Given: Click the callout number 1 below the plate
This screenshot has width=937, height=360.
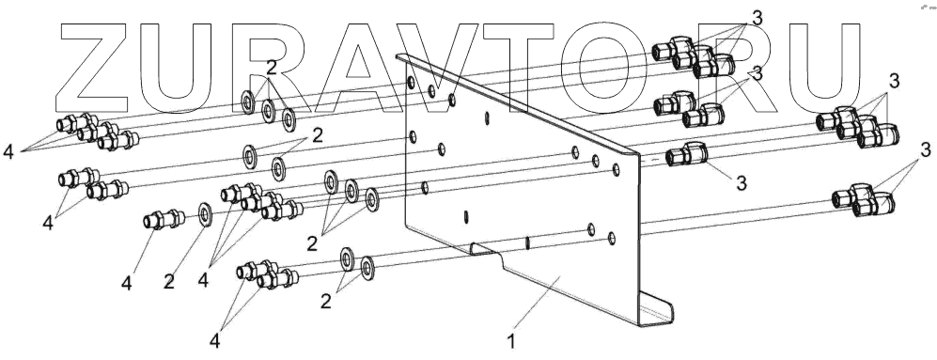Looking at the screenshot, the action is [x=510, y=341].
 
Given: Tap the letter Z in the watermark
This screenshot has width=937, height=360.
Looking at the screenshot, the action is [x=94, y=69].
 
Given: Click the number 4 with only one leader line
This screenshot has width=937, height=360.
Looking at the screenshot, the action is [x=126, y=283].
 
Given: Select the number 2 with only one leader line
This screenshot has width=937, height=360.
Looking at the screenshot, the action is [x=169, y=282].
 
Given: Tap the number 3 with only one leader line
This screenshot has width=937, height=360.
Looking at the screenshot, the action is [x=742, y=183].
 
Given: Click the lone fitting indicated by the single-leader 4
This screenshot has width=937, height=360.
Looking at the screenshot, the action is [x=164, y=219].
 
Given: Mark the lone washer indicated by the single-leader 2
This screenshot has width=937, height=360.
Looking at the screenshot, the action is [x=205, y=215].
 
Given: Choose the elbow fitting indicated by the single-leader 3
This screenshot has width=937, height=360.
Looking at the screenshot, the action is [x=686, y=154].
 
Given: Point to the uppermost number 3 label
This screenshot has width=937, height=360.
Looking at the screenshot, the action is [x=757, y=19].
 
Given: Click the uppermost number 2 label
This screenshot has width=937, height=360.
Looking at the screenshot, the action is [x=272, y=67].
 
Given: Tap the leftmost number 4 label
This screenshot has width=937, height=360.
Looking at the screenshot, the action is [x=8, y=152].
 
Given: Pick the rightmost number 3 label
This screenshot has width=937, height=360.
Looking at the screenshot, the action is [x=926, y=148].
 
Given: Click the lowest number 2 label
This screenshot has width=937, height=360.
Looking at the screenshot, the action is [x=326, y=302].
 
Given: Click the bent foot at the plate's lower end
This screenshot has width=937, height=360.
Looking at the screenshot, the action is [x=656, y=309].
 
